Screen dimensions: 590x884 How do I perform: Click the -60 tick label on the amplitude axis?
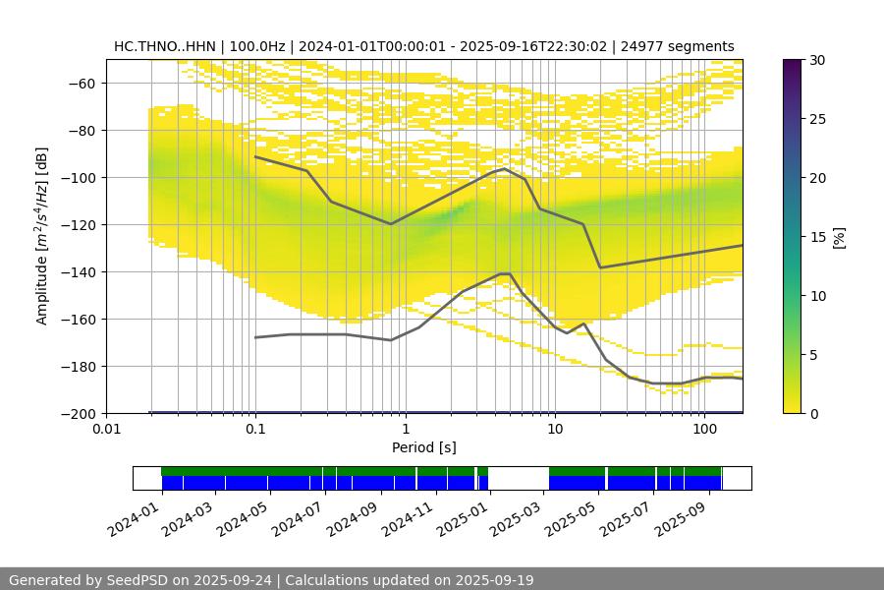tap(81, 84)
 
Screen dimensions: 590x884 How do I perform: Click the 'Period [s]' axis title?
tap(424, 448)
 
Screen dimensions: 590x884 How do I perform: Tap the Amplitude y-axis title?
tap(42, 236)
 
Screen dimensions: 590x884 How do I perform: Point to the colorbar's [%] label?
tap(838, 237)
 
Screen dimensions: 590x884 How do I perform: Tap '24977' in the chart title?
tap(642, 46)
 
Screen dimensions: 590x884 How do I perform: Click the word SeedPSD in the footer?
tap(132, 580)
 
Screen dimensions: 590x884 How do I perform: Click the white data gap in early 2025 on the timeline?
tap(518, 479)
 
